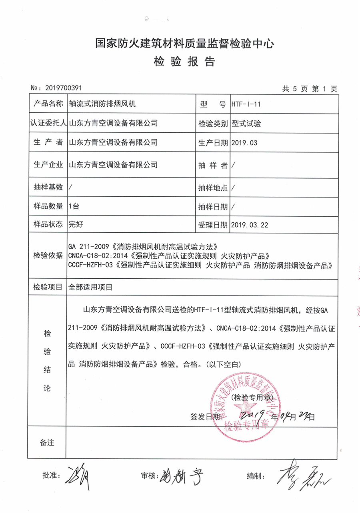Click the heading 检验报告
tap(184, 62)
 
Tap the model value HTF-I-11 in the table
tap(246, 105)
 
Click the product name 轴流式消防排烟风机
tap(103, 104)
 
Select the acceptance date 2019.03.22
tap(250, 225)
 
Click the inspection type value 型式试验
tap(246, 124)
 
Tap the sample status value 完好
tap(76, 225)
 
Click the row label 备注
tap(47, 443)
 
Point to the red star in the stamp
tap(243, 407)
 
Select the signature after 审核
tap(182, 475)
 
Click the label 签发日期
tap(206, 417)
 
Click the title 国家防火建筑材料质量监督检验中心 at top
tap(184, 43)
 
